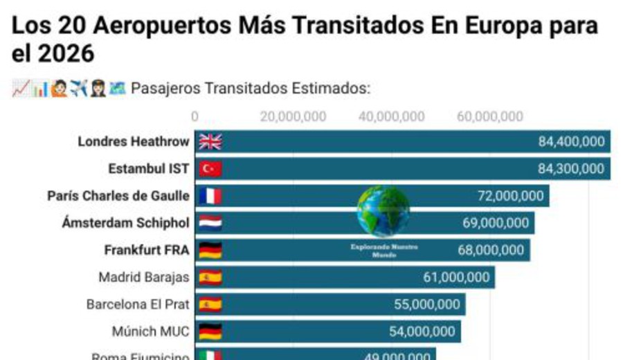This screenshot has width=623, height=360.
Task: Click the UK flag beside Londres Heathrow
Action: point(210,142)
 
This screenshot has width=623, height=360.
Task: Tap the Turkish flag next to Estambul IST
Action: point(210,169)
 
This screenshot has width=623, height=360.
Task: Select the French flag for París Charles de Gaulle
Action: point(210,196)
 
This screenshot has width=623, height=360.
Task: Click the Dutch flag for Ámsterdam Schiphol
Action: point(210,223)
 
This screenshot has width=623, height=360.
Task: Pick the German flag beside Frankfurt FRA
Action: point(210,250)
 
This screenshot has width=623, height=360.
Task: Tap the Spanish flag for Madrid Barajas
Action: point(210,278)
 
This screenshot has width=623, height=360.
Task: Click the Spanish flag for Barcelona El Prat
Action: point(210,305)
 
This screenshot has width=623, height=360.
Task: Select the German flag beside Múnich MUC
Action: point(210,332)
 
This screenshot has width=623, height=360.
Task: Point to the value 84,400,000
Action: point(571,142)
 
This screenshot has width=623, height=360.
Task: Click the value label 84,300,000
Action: point(571,169)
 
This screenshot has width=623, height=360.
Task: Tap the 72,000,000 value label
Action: point(510,196)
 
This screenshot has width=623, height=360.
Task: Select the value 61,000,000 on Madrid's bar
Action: point(456,278)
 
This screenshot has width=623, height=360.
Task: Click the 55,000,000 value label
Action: point(426,305)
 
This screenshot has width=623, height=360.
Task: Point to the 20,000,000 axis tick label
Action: point(293,116)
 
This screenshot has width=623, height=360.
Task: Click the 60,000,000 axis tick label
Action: point(490,116)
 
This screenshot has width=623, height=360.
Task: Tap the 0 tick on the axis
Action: point(195,116)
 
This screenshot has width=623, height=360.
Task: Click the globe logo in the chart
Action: point(383,210)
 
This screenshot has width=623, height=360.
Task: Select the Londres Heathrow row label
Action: point(133,142)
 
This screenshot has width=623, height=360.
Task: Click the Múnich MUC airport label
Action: point(150,332)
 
